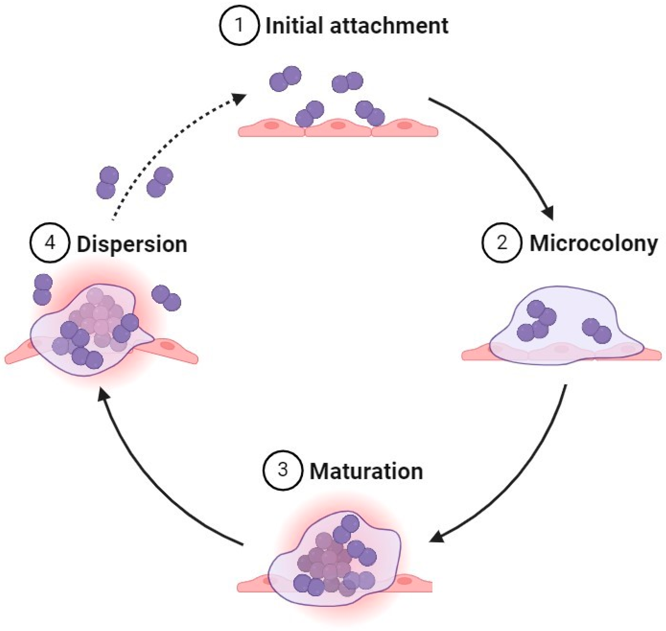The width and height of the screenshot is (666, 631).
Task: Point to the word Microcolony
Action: [594, 244]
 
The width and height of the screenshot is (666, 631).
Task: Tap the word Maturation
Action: [366, 472]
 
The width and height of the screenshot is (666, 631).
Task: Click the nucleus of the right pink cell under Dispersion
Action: [166, 345]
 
